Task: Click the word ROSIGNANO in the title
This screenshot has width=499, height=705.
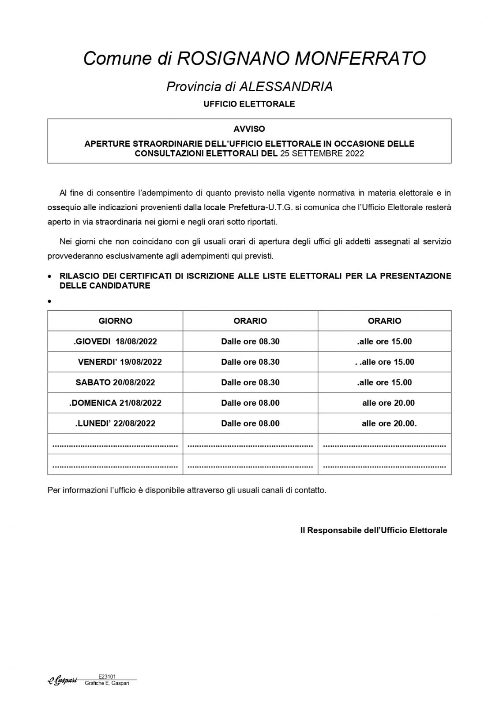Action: click(x=233, y=58)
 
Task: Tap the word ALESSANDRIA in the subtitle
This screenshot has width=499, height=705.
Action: click(x=286, y=87)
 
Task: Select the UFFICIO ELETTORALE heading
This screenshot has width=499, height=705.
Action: click(x=249, y=104)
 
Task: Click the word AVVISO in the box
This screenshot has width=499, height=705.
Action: click(x=249, y=129)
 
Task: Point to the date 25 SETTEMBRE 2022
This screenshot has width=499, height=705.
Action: click(x=322, y=154)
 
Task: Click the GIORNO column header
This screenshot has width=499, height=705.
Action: click(x=115, y=321)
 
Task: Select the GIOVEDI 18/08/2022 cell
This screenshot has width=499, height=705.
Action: click(x=116, y=341)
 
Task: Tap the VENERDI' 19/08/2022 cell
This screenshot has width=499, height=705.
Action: click(x=120, y=362)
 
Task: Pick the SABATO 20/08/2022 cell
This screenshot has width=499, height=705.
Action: click(x=115, y=382)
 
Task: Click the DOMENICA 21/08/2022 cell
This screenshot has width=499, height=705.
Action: click(x=116, y=403)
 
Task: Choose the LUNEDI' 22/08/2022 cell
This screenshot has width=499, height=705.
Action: click(x=115, y=423)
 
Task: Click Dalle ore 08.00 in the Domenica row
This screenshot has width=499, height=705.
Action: click(x=250, y=403)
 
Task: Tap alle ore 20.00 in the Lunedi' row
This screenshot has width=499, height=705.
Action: click(x=389, y=423)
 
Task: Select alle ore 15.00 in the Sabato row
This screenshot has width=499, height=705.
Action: click(x=384, y=382)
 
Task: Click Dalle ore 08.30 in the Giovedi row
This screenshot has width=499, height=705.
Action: click(x=250, y=341)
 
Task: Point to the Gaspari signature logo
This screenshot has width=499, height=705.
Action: click(x=62, y=681)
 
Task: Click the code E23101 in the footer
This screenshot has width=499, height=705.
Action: click(x=107, y=676)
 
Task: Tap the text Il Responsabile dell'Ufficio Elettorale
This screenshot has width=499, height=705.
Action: click(x=374, y=530)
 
